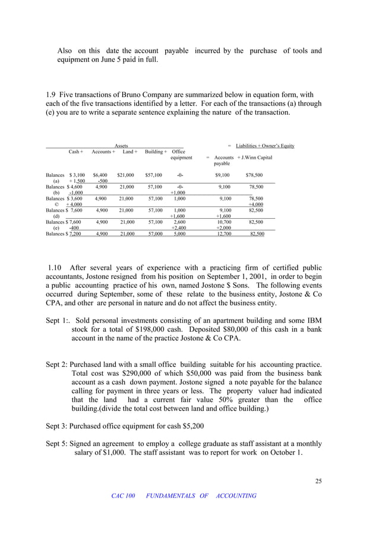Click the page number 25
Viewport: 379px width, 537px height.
pyautogui.click(x=318, y=481)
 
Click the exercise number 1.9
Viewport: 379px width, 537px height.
pyautogui.click(x=50, y=94)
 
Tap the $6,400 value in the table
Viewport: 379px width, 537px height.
pyautogui.click(x=100, y=175)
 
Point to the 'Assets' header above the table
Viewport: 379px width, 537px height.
pyautogui.click(x=121, y=146)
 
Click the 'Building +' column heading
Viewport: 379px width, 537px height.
pyautogui.click(x=156, y=152)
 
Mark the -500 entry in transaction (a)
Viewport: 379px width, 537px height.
pyautogui.click(x=102, y=181)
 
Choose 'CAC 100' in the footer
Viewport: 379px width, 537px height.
pyautogui.click(x=123, y=496)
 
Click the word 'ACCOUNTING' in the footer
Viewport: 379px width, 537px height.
pyautogui.click(x=236, y=496)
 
